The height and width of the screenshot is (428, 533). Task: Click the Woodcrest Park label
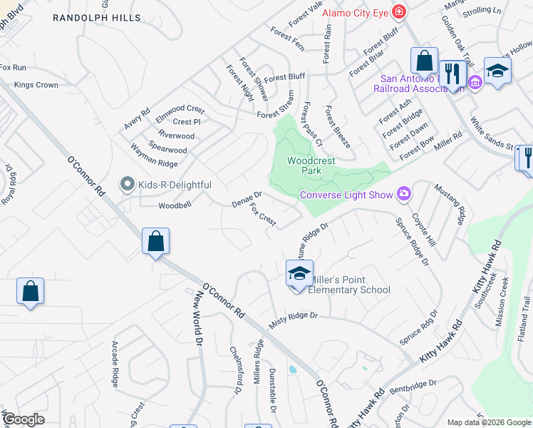point(311,166)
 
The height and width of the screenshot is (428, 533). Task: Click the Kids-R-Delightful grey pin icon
point(128,185)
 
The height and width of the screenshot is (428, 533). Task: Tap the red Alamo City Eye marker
point(399,12)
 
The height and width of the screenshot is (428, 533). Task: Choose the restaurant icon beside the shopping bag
point(452,72)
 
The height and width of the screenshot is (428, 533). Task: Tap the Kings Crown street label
point(36,86)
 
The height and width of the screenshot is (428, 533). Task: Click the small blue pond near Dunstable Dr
point(293,370)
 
